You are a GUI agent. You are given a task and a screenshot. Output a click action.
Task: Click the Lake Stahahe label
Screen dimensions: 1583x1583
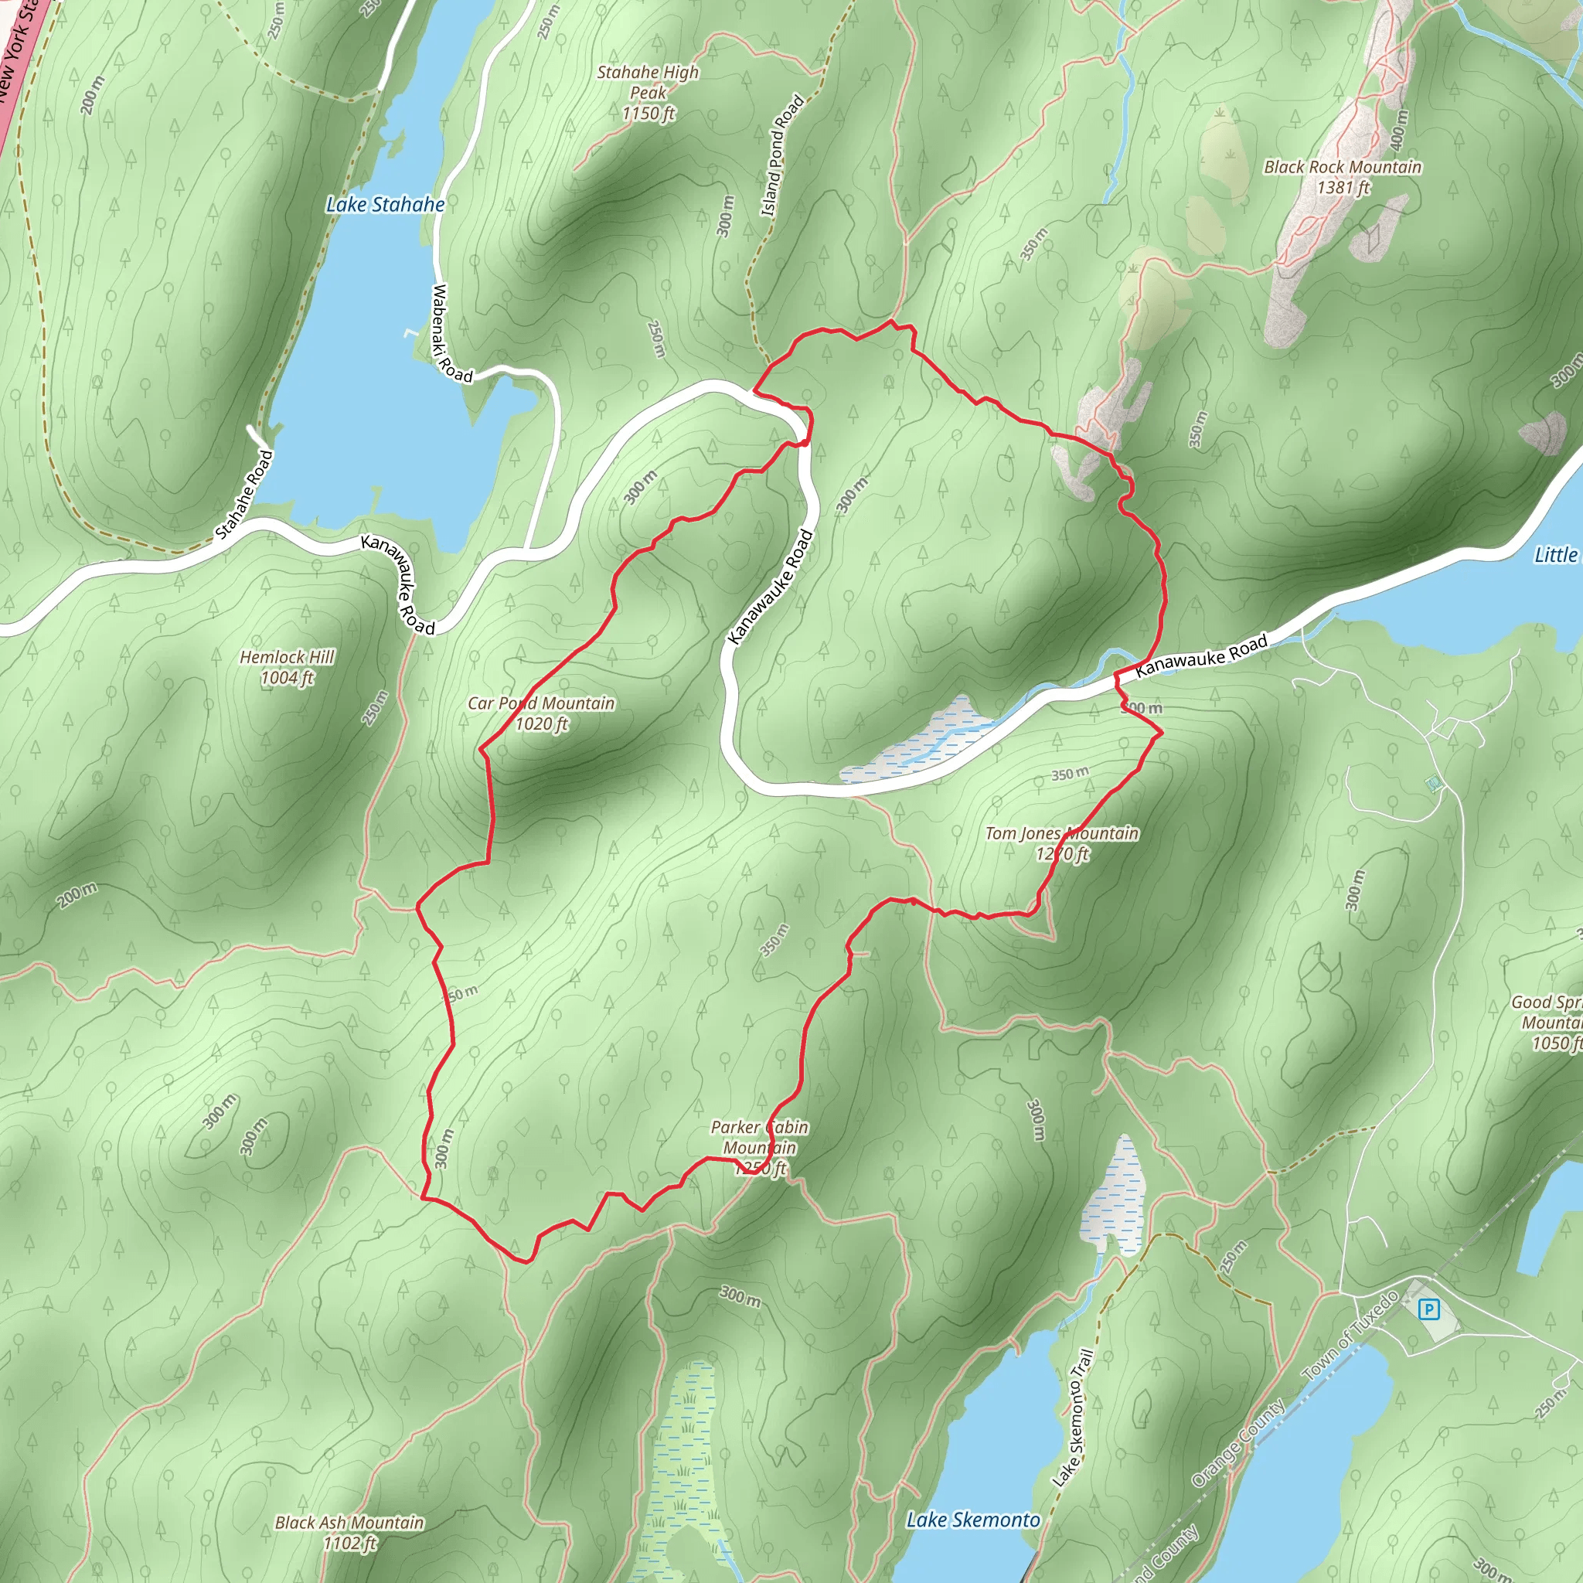(x=385, y=205)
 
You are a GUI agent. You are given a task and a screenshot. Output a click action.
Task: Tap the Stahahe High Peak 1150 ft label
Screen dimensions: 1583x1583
(x=648, y=93)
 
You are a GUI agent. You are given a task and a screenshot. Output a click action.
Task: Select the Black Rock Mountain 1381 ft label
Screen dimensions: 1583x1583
(x=1342, y=177)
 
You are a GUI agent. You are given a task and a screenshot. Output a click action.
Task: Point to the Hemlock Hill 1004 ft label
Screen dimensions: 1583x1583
(x=287, y=667)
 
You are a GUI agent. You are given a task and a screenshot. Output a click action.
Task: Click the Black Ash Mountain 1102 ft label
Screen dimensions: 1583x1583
(x=349, y=1532)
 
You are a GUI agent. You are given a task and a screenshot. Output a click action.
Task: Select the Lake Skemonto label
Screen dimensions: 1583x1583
(x=972, y=1520)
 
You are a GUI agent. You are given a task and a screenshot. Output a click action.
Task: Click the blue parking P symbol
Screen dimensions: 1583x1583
(x=1429, y=1309)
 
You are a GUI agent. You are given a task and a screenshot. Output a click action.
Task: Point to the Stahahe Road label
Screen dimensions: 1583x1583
(x=243, y=494)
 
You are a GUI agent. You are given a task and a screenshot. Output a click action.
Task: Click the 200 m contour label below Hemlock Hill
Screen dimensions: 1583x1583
(x=78, y=895)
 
